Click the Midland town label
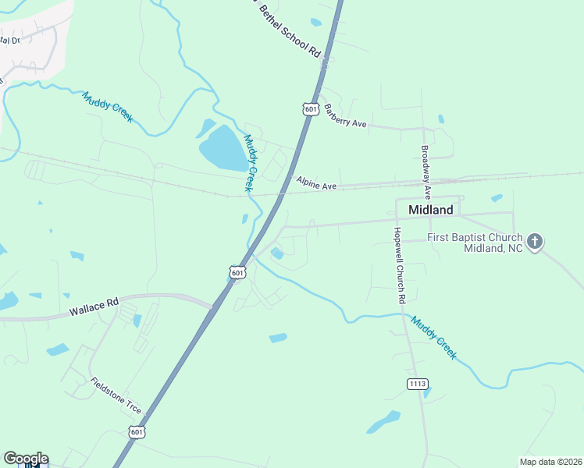click(425, 211)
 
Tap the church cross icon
click(535, 242)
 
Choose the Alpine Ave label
click(316, 183)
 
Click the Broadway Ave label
click(426, 173)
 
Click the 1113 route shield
click(418, 383)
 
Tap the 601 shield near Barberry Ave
click(311, 109)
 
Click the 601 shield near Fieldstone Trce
click(137, 431)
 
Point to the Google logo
click(26, 459)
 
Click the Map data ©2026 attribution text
click(550, 462)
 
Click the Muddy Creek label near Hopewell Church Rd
click(434, 337)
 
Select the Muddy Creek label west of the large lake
click(108, 106)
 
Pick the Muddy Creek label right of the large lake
click(250, 163)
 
